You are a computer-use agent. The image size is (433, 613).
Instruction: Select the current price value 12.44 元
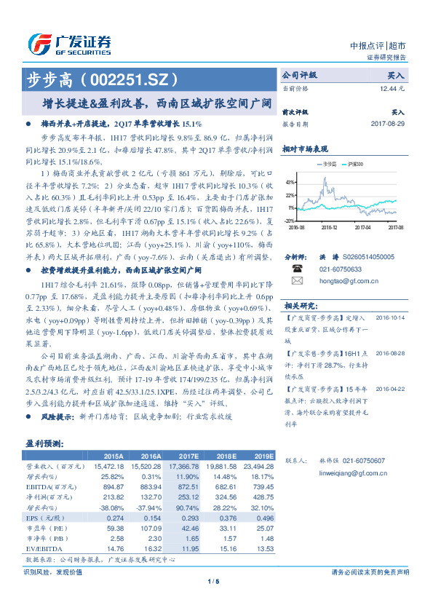click(392, 88)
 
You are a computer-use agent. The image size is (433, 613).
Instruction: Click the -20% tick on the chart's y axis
click(290, 220)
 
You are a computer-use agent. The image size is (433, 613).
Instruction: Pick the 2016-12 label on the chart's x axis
click(330, 227)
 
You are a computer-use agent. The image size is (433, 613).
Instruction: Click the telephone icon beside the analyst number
click(297, 269)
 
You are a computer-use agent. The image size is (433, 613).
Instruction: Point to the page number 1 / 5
click(214, 581)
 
